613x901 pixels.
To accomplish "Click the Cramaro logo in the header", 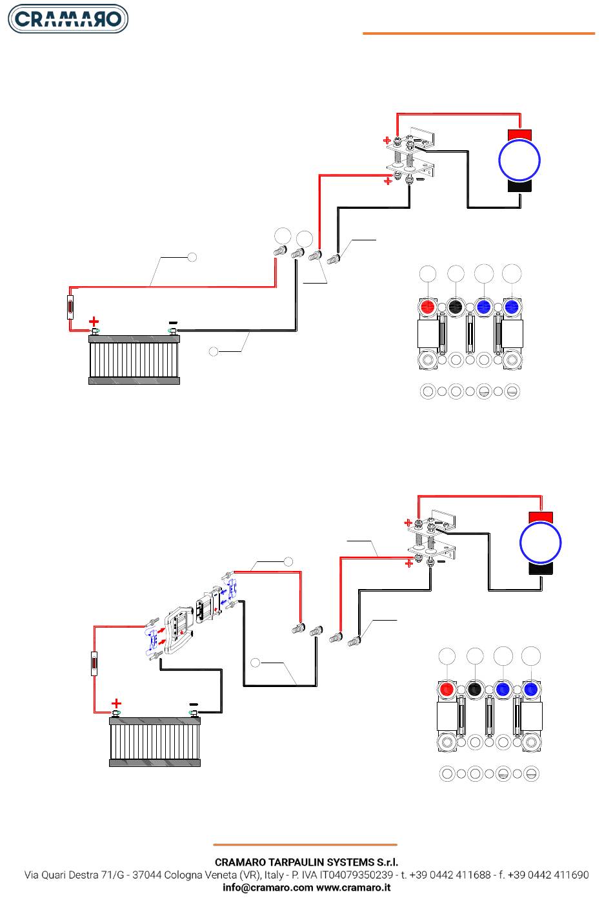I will (67, 19).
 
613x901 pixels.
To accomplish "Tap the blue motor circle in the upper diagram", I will (519, 160).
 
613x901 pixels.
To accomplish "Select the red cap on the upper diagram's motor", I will (519, 134).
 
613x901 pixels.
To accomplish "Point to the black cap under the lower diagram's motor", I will (541, 569).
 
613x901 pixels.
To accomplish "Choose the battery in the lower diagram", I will (155, 741).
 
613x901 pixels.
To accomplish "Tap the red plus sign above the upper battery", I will (94, 320).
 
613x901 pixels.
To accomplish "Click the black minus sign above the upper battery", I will (172, 322).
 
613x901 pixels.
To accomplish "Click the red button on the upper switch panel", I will (427, 307).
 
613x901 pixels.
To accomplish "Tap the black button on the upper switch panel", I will (456, 307).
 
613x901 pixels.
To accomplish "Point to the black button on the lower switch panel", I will (475, 690).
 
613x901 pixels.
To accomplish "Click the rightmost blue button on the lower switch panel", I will (531, 690).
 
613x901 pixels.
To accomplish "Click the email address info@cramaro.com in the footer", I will (268, 887).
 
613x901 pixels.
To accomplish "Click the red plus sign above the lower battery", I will (116, 702).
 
